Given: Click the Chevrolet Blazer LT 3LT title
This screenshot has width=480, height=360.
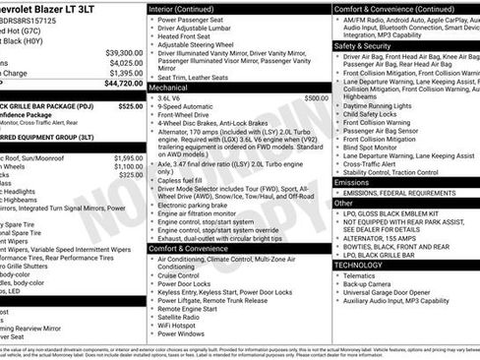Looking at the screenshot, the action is click(x=59, y=6).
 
